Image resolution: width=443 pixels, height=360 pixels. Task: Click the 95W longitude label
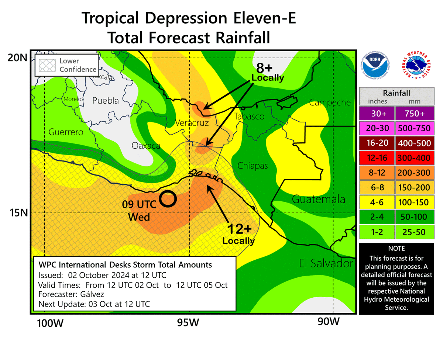point(189,323)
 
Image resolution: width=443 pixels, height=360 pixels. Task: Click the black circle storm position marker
point(168,198)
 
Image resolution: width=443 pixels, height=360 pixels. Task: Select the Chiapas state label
point(252,166)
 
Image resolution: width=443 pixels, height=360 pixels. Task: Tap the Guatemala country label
point(319,200)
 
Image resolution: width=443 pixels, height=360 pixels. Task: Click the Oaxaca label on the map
point(146,146)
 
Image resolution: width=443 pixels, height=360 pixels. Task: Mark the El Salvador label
point(326,263)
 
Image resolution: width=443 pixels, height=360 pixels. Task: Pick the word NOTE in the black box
point(396,249)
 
